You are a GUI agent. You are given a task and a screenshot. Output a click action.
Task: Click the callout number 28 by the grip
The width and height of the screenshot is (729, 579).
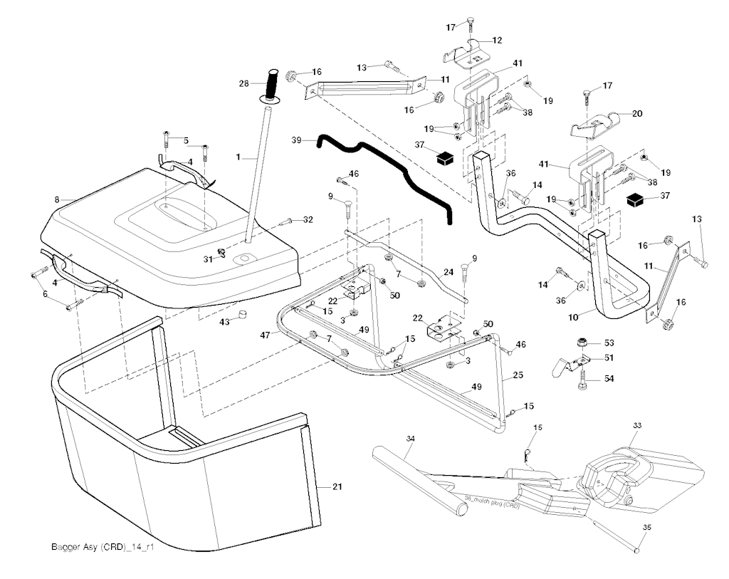point(243,84)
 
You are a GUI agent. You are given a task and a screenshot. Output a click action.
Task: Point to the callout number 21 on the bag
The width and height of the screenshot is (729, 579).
point(337,486)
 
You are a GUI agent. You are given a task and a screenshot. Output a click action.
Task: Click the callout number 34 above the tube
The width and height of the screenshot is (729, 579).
point(410,439)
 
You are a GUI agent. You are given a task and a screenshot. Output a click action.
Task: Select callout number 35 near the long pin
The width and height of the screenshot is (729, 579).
point(647,528)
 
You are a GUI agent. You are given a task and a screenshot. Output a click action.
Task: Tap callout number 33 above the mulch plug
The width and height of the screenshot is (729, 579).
point(637,425)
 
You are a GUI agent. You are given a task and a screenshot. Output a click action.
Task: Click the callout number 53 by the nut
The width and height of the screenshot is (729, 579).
point(609,343)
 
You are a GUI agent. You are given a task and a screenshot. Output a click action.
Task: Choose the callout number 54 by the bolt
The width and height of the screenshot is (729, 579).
point(609,378)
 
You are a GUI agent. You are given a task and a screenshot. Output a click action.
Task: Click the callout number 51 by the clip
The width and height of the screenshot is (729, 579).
point(609,358)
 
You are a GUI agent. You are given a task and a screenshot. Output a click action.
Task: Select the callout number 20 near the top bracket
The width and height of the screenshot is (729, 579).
point(636,113)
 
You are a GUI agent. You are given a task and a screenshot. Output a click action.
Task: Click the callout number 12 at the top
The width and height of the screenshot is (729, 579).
point(497,40)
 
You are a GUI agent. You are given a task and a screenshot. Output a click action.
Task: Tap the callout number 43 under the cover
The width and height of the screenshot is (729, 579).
point(225,323)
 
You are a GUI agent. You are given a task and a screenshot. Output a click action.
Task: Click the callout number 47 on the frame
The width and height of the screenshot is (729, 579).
point(266,334)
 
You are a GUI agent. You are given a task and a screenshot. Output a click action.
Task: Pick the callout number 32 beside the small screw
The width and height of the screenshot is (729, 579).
point(308,220)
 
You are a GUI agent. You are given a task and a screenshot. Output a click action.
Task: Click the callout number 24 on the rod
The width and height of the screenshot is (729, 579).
point(449,271)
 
